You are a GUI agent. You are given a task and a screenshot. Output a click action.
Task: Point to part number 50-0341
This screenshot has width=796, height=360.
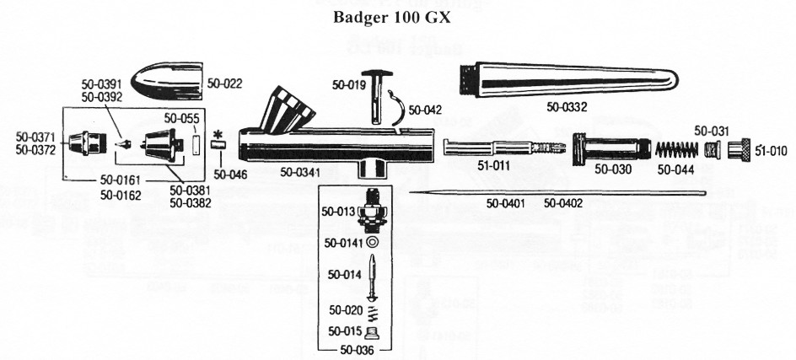point(298,171)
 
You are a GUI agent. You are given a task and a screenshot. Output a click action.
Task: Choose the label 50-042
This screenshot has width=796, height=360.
point(424,110)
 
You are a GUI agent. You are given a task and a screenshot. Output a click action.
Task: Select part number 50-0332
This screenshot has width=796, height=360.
point(567,107)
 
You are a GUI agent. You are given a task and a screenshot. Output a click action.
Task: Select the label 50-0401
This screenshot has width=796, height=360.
point(506,202)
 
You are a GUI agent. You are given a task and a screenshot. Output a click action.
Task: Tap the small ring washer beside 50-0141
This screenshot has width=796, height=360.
point(373,243)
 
